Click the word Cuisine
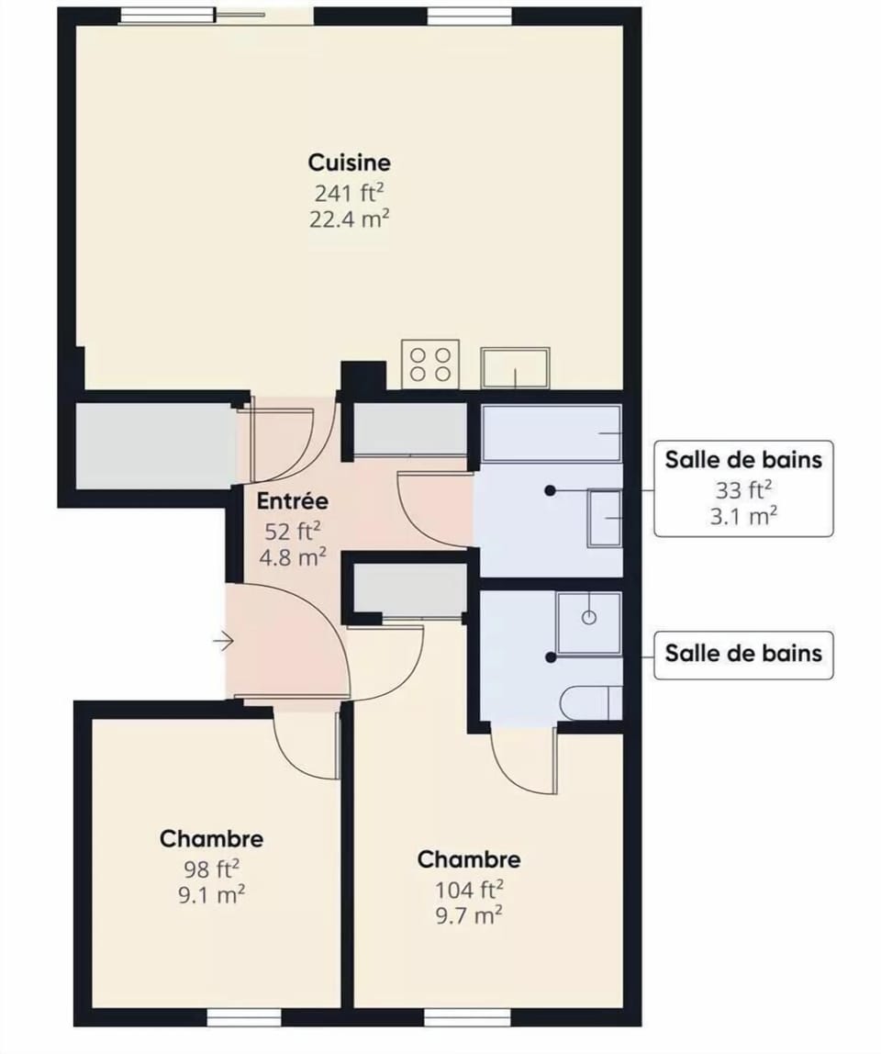[x=349, y=163]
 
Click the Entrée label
[x=292, y=502]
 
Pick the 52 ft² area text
[x=292, y=531]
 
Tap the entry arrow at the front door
[x=222, y=641]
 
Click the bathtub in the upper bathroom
[x=552, y=433]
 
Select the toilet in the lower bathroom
[x=592, y=702]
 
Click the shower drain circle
[x=589, y=617]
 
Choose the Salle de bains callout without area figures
[x=743, y=654]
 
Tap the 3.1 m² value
[x=743, y=516]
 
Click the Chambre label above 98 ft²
[x=211, y=838]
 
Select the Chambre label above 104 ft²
[x=469, y=859]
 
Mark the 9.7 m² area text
[x=468, y=914]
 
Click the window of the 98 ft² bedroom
[x=243, y=1018]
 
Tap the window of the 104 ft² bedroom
[x=467, y=1018]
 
